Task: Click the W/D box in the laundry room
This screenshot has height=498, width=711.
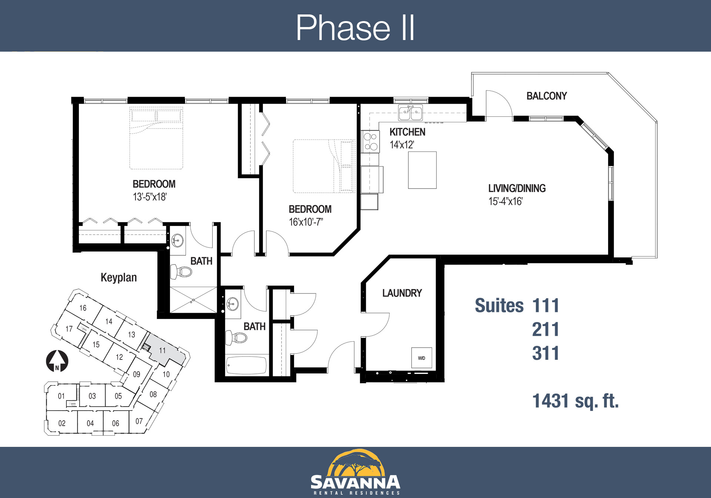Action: (x=421, y=358)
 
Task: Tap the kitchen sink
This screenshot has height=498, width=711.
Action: (x=410, y=113)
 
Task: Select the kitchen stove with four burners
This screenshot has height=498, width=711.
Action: (x=370, y=142)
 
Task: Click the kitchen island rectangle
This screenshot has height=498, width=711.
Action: (x=422, y=170)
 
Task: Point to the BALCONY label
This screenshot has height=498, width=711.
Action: (x=547, y=96)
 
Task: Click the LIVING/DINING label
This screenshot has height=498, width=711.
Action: (x=517, y=188)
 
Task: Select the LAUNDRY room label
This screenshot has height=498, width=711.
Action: (x=402, y=293)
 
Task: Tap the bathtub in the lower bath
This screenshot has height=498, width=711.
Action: (x=246, y=365)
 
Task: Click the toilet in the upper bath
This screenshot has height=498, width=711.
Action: (x=181, y=272)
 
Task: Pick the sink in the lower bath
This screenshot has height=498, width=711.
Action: (x=233, y=304)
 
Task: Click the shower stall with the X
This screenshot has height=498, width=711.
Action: (x=193, y=300)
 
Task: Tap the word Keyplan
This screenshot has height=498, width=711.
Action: (x=118, y=278)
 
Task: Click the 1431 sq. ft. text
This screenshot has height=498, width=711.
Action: (x=575, y=401)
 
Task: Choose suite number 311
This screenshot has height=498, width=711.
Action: (x=545, y=353)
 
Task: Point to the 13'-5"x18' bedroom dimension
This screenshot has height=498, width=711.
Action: (x=150, y=197)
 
